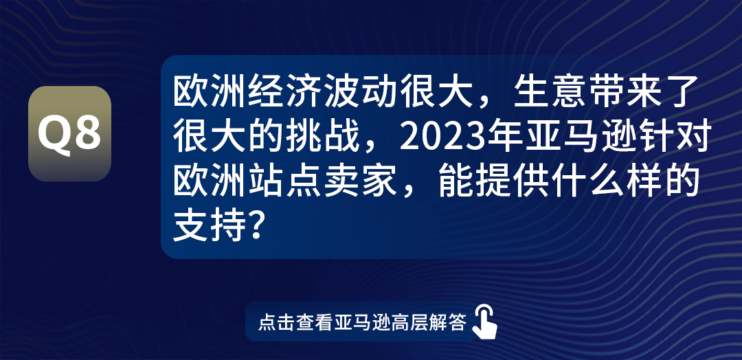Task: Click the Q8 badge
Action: [x=69, y=133]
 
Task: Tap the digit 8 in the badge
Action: [x=88, y=134]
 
